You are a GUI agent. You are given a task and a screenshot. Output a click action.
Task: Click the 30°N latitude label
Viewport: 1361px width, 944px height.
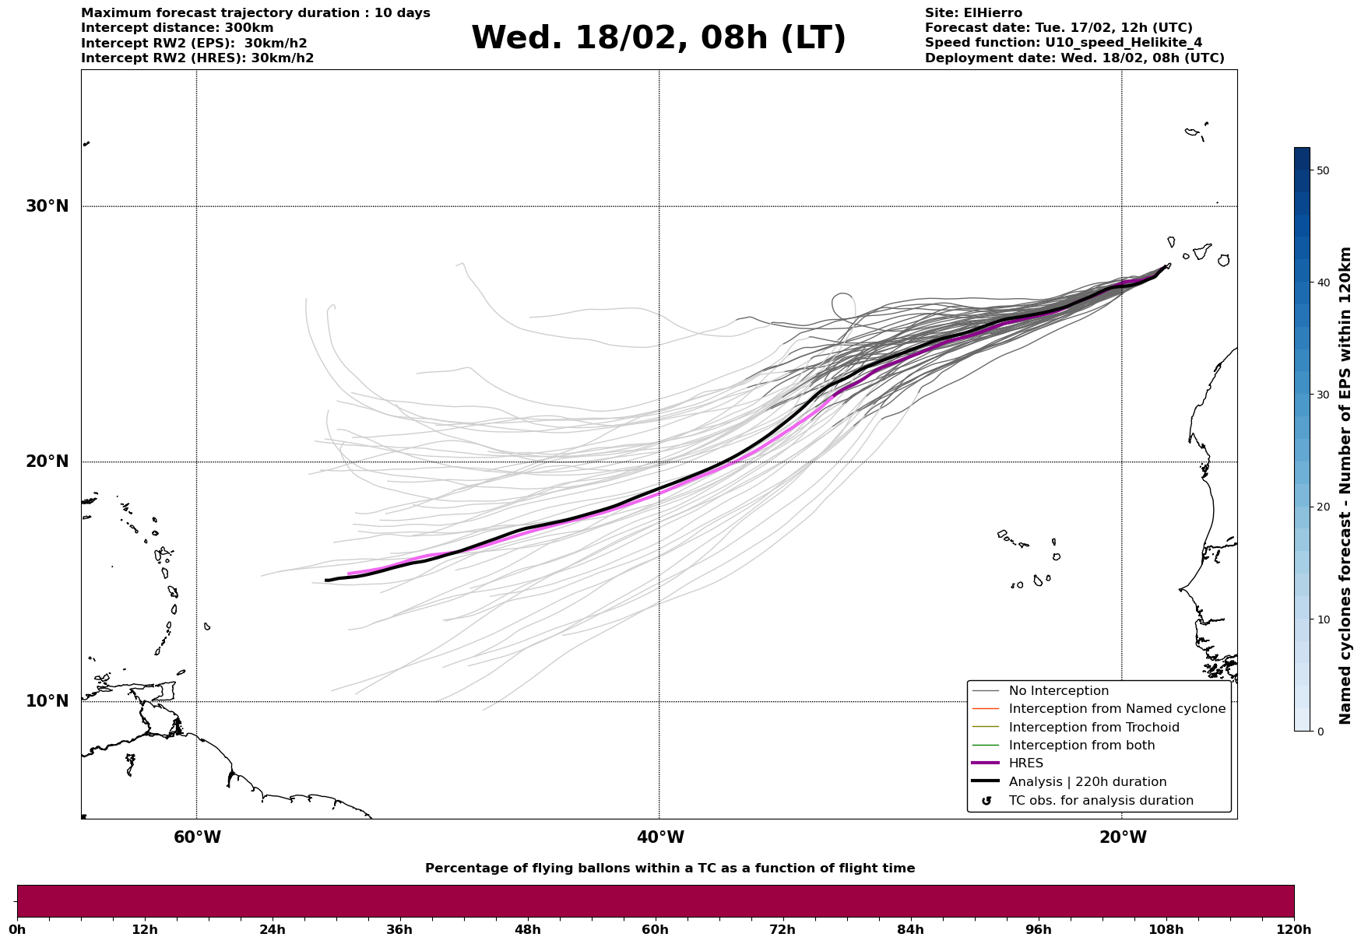click(x=47, y=206)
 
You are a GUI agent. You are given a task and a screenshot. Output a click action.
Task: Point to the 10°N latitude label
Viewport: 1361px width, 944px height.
click(x=47, y=701)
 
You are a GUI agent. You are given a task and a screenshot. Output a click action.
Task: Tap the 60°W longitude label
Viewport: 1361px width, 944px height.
click(x=197, y=837)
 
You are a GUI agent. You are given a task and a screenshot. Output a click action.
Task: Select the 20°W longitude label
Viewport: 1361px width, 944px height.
click(x=1123, y=837)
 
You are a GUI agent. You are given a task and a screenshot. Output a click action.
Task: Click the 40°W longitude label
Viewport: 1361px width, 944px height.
click(x=660, y=837)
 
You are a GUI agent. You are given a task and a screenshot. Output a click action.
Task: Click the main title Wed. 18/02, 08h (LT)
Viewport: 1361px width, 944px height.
click(x=658, y=38)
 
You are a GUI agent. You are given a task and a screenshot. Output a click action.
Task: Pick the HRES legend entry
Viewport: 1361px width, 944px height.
click(x=1025, y=763)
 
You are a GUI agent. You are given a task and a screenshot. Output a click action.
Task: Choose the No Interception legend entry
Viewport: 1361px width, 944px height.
click(x=1058, y=691)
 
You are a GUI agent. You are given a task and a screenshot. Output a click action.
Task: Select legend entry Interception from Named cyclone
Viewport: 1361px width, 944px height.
click(x=1117, y=709)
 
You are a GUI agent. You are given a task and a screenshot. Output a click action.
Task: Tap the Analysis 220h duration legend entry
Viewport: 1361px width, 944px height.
click(x=1087, y=782)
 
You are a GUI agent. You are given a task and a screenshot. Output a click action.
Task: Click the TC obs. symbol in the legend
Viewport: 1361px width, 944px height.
click(x=986, y=801)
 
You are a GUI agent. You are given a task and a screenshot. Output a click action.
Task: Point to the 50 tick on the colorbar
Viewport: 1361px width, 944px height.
click(x=1322, y=170)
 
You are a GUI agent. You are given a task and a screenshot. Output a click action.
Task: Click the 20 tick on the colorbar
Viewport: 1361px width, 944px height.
click(x=1322, y=507)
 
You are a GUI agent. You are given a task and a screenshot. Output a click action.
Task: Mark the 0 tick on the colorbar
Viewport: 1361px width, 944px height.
click(x=1319, y=732)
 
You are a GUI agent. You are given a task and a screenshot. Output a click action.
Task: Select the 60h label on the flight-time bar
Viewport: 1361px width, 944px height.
click(x=655, y=930)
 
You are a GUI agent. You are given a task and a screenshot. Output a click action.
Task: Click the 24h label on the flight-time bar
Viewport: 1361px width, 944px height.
click(x=273, y=930)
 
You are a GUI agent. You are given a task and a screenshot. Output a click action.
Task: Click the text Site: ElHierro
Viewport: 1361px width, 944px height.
click(x=973, y=13)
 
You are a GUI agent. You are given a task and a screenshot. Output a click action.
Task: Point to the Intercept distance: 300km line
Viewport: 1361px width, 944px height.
click(x=178, y=28)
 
